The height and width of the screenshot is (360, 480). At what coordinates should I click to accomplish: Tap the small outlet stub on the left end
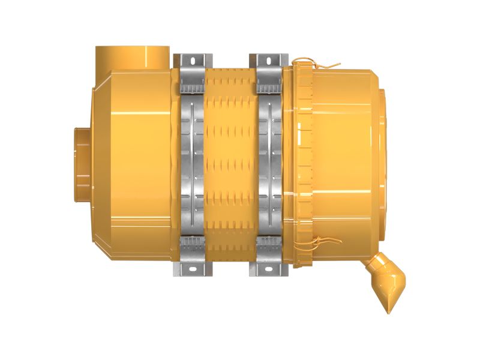(81, 164)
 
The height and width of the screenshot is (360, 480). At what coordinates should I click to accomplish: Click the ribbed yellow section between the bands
(230, 165)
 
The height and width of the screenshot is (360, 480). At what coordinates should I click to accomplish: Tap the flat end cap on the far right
(388, 162)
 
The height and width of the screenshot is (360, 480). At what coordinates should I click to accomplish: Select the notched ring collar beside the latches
(303, 162)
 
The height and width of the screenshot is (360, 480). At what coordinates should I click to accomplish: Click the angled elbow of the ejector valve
(378, 267)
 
